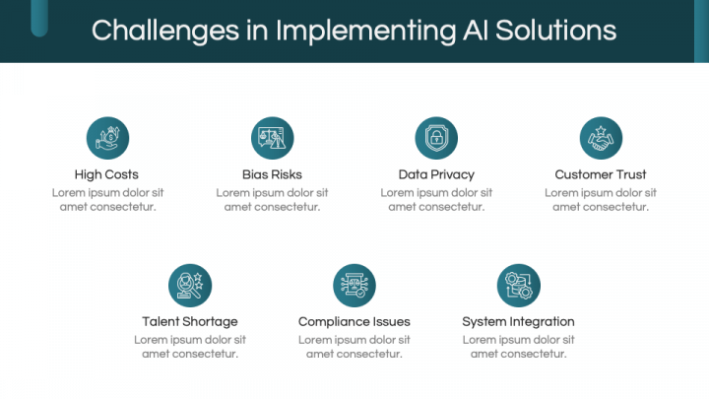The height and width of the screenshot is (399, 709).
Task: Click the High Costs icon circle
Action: click(107, 138)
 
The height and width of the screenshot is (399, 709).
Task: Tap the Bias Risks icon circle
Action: click(272, 138)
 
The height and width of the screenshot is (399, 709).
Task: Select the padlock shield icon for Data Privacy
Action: click(436, 138)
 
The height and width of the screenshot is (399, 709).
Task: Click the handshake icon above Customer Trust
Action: click(601, 138)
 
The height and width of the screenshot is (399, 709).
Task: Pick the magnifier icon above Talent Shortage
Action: click(190, 286)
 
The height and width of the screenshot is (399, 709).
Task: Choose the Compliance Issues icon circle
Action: click(354, 286)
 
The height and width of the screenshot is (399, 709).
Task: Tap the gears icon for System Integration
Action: click(519, 286)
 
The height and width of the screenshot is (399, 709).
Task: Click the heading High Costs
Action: click(106, 174)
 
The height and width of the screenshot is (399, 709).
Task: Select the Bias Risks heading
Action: click(272, 174)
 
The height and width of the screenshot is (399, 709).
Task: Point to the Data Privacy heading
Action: click(436, 174)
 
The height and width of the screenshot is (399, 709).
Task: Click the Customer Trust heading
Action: click(601, 174)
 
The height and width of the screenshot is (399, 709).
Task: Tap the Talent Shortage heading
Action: click(190, 321)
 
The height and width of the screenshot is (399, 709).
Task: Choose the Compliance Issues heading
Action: click(354, 321)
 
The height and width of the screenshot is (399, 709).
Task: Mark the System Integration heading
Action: click(518, 321)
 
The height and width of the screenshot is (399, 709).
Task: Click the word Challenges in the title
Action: click(165, 31)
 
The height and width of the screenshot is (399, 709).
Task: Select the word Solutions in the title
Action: click(556, 31)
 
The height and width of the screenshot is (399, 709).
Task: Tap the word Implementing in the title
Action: click(365, 31)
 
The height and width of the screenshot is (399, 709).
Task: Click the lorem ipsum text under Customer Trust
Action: click(601, 200)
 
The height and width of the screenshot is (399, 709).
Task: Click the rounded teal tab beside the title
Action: click(39, 18)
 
